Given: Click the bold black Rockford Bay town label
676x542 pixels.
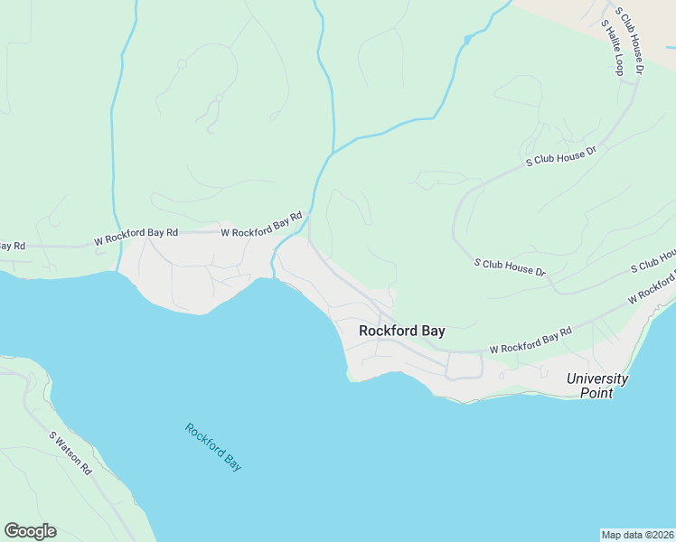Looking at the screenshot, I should (x=401, y=331).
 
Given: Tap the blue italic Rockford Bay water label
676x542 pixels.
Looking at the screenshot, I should (x=213, y=447).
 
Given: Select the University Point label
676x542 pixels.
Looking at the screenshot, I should (x=596, y=386).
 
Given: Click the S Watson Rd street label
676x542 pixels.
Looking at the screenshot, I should (x=70, y=453).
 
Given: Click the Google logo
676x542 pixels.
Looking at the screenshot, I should (x=30, y=531).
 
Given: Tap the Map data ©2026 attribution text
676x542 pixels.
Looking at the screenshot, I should (x=637, y=534).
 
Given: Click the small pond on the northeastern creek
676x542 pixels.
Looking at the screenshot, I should (x=467, y=39).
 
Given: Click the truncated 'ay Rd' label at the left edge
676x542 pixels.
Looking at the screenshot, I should (x=12, y=246).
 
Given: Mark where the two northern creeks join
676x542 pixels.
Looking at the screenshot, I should (x=333, y=152).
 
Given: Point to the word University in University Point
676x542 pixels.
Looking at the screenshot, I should (x=596, y=378).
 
